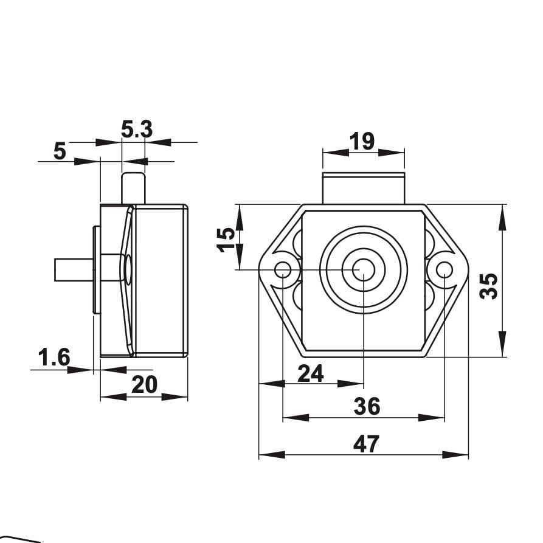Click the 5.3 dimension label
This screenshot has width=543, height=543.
pos(137,130)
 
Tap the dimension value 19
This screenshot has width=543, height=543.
pos(362,141)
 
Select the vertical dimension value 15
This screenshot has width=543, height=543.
pos(226,240)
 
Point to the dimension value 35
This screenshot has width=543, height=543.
pos(488,286)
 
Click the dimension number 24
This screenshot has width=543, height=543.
pos(311,373)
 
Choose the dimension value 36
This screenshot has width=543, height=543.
pos(367,406)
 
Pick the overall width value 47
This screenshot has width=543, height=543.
pos(367,444)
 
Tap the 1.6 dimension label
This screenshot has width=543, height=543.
pos(54,358)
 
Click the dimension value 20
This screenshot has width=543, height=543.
pos(144,384)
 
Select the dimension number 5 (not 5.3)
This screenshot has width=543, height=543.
pos(60,151)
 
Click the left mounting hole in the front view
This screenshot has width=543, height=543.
pos(283,269)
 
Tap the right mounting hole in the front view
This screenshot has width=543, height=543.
pos(444,269)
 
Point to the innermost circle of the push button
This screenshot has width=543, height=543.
pos(364,270)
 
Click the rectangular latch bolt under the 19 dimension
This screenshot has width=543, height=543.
pos(364,188)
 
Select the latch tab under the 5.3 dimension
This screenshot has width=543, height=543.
pos(133,188)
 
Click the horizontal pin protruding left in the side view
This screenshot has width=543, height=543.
pos(74,270)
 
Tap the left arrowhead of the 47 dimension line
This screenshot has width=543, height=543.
pos(272,455)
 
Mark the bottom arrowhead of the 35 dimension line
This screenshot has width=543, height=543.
pos(502,344)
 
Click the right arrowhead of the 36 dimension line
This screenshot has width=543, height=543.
pos(431,417)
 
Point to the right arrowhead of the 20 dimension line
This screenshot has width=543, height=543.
pos(175,397)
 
